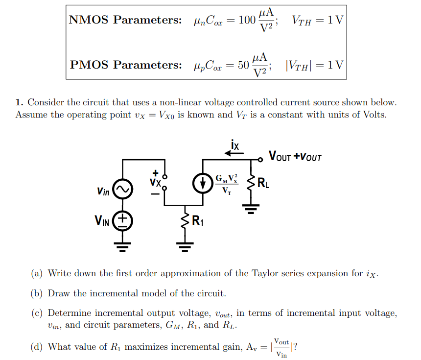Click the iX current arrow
pyautogui.click(x=234, y=153)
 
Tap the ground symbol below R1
pyautogui.click(x=186, y=246)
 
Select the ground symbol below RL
pyautogui.click(x=252, y=210)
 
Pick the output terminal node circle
pyautogui.click(x=261, y=159)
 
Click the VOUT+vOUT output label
pyautogui.click(x=295, y=157)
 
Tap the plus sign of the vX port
pyautogui.click(x=155, y=173)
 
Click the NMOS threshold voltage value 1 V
pyautogui.click(x=336, y=20)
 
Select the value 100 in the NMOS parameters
pyautogui.click(x=247, y=20)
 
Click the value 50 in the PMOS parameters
pyautogui.click(x=243, y=65)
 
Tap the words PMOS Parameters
pyautogui.click(x=125, y=65)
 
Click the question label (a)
pyautogui.click(x=37, y=273)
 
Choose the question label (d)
pyautogui.click(x=37, y=347)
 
